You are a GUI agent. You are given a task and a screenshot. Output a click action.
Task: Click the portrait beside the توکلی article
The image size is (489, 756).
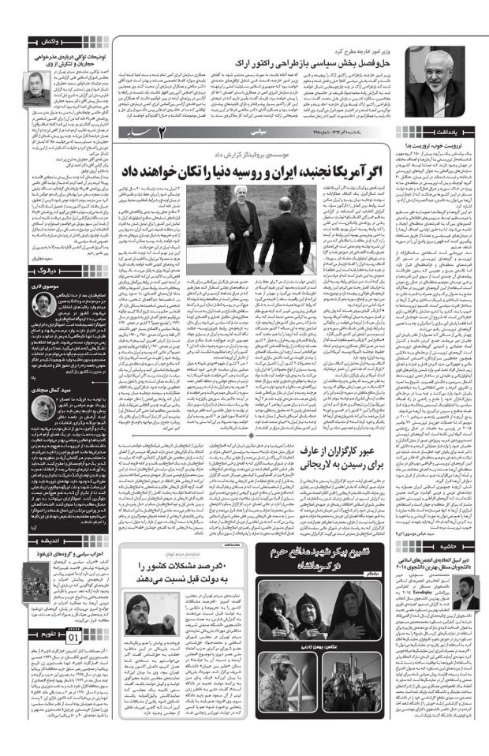(33, 88)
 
